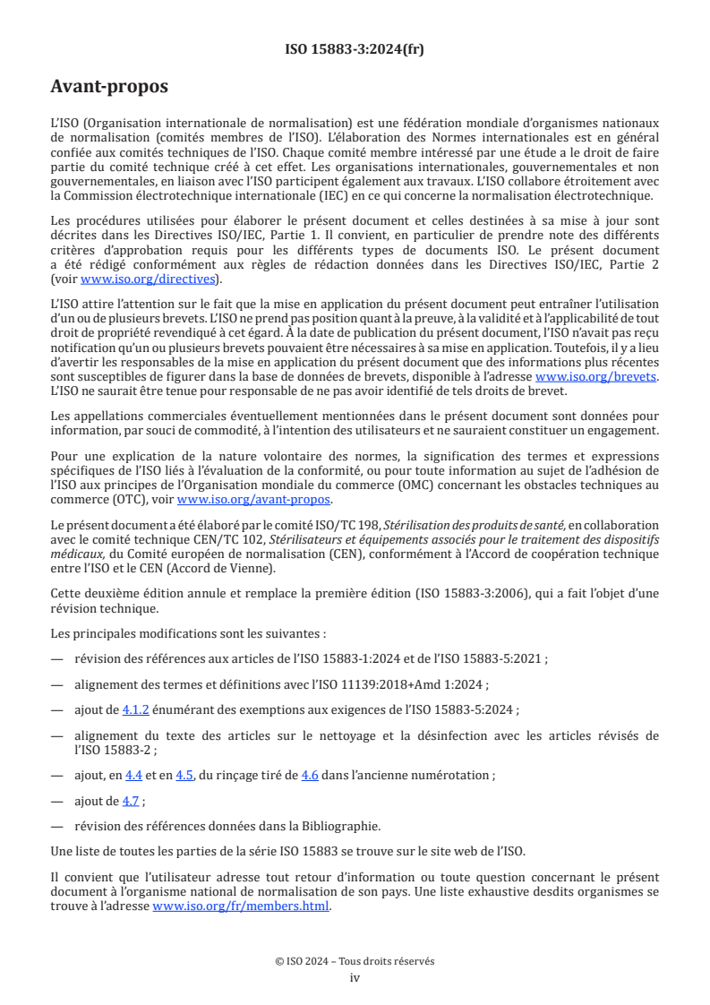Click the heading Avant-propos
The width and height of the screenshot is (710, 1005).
[109, 87]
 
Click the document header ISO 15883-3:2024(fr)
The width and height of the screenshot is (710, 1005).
[355, 49]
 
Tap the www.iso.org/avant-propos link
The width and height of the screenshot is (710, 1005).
[254, 500]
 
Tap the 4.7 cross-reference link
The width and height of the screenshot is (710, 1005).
[131, 801]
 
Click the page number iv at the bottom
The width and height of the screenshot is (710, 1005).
[355, 977]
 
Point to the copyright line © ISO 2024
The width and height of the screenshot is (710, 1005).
[355, 961]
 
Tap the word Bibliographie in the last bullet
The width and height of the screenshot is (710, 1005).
[353, 826]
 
